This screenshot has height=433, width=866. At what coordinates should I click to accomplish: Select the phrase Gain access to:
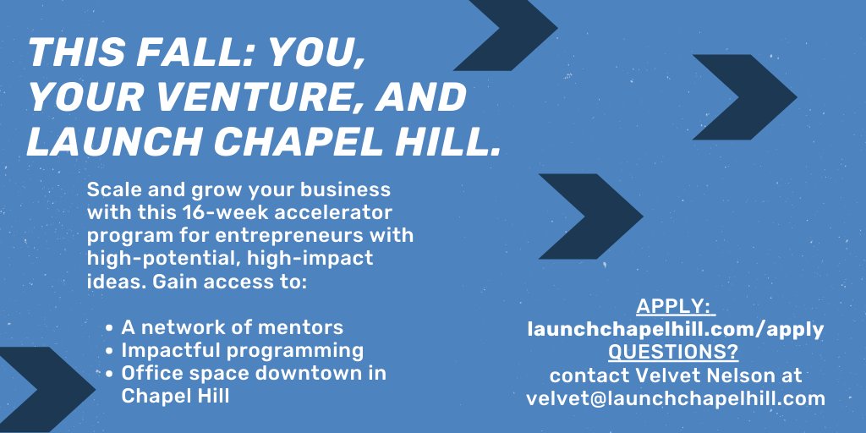(x=228, y=280)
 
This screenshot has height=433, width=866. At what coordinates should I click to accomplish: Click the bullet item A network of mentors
(x=233, y=327)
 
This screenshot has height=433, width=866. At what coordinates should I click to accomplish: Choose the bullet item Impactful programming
(x=243, y=350)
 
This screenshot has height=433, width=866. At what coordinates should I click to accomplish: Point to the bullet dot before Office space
(x=111, y=374)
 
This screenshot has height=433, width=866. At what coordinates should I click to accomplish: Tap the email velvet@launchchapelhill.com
(x=675, y=397)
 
